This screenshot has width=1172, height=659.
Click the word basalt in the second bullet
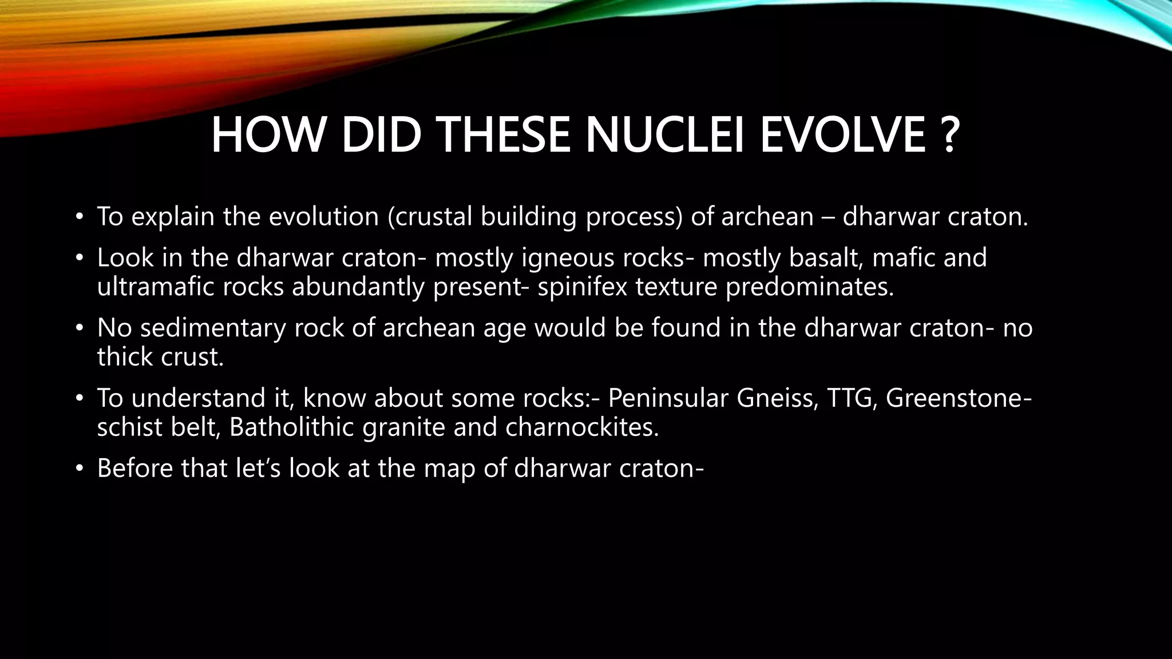click(826, 257)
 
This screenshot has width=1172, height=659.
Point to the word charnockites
click(582, 427)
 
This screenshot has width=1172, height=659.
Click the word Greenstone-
click(959, 398)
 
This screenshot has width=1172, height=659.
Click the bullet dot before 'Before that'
click(80, 469)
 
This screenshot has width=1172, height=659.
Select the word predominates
click(809, 287)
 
